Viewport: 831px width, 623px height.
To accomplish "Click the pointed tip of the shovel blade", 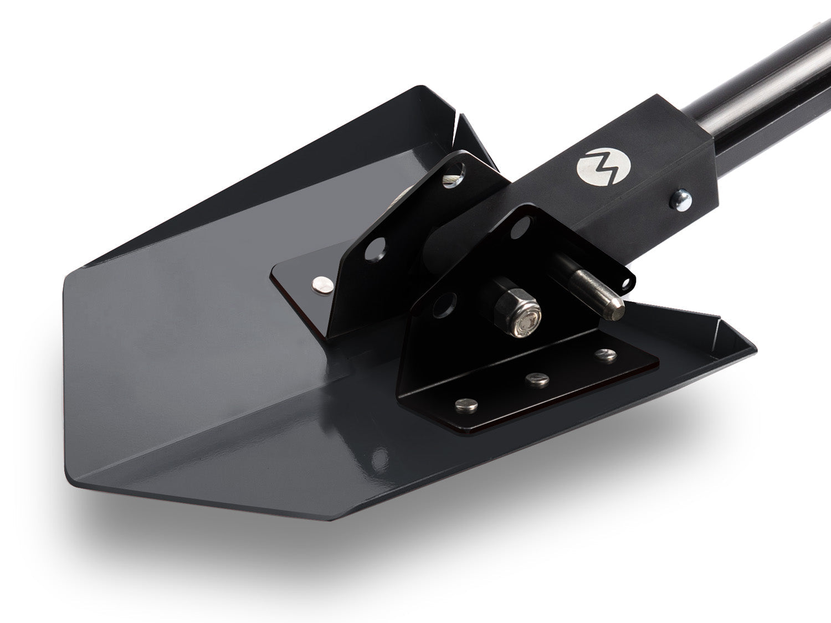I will [x=327, y=519].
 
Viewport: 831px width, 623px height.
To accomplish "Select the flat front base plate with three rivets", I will [x=526, y=382].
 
